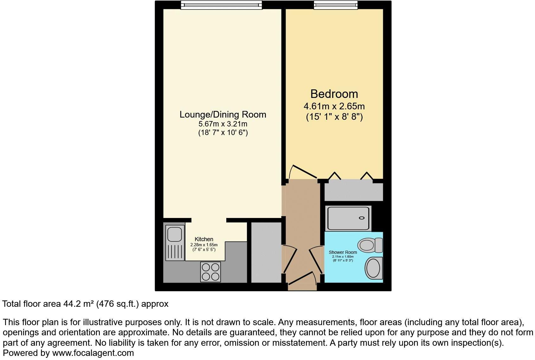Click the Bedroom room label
click(334, 94)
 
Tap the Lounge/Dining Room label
click(223, 114)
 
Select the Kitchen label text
click(204, 239)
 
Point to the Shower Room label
click(343, 252)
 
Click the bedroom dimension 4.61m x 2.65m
click(334, 106)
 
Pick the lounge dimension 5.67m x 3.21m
click(223, 124)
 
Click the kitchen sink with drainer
click(175, 242)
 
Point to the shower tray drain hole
click(361, 218)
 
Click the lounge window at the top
click(221, 4)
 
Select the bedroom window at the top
click(336, 4)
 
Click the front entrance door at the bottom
click(302, 279)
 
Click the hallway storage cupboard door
click(290, 259)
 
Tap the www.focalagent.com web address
click(93, 353)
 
